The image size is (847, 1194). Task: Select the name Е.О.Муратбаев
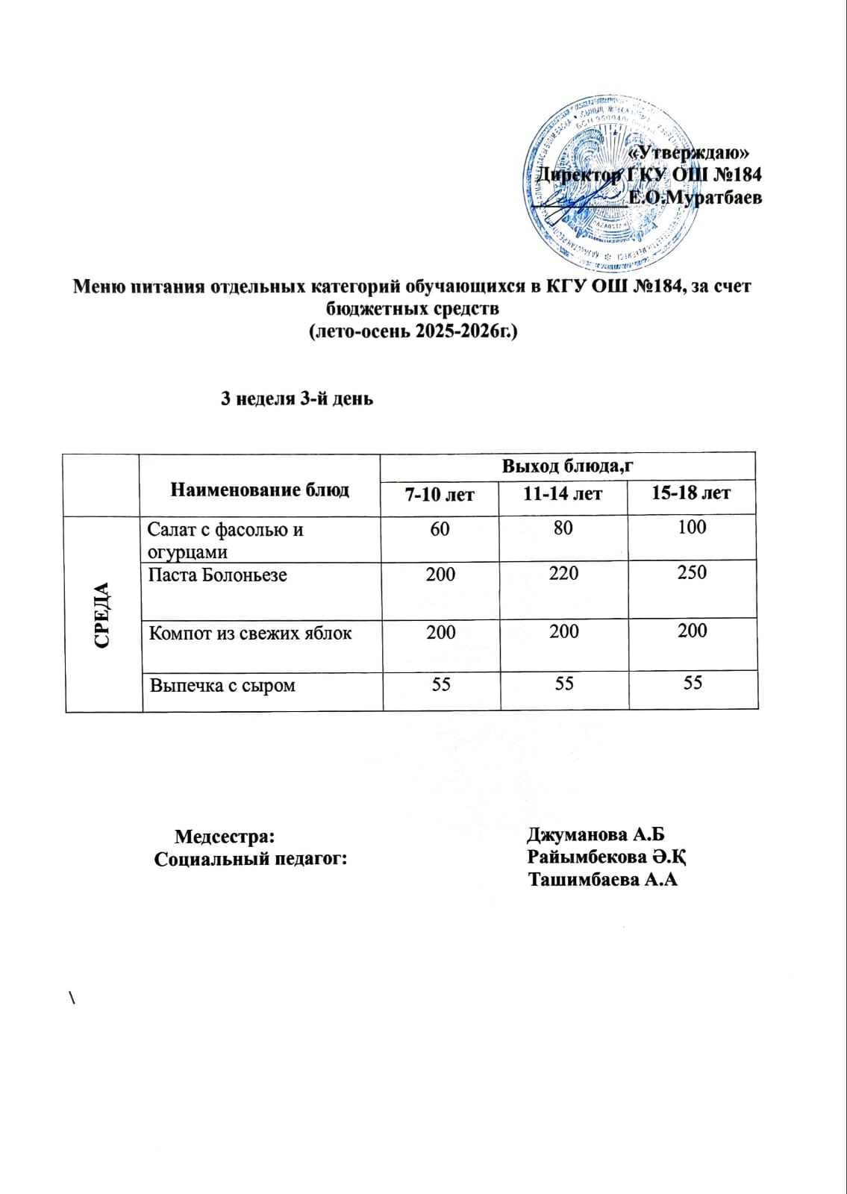coord(695,199)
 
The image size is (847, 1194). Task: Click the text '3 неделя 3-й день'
coord(296,398)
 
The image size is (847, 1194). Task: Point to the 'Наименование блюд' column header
coord(260,490)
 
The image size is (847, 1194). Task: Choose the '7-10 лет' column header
coord(440,494)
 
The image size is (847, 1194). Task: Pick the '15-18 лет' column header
coord(691,493)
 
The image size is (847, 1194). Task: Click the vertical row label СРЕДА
coord(103,614)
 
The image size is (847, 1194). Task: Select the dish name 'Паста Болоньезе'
coord(217,575)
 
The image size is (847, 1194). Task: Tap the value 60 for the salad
coord(440,528)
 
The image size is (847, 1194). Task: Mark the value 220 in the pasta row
coord(563,573)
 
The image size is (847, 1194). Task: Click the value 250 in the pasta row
coord(692,572)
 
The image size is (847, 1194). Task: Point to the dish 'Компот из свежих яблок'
coord(250,634)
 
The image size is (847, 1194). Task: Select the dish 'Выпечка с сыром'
coord(222,685)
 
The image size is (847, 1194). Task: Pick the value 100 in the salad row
coord(692,527)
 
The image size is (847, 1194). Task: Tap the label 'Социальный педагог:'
coord(251,859)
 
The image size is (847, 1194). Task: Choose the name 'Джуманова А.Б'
coord(596,834)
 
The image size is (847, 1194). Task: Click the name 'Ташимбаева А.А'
coord(603,880)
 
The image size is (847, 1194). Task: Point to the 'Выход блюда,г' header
coord(567,466)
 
